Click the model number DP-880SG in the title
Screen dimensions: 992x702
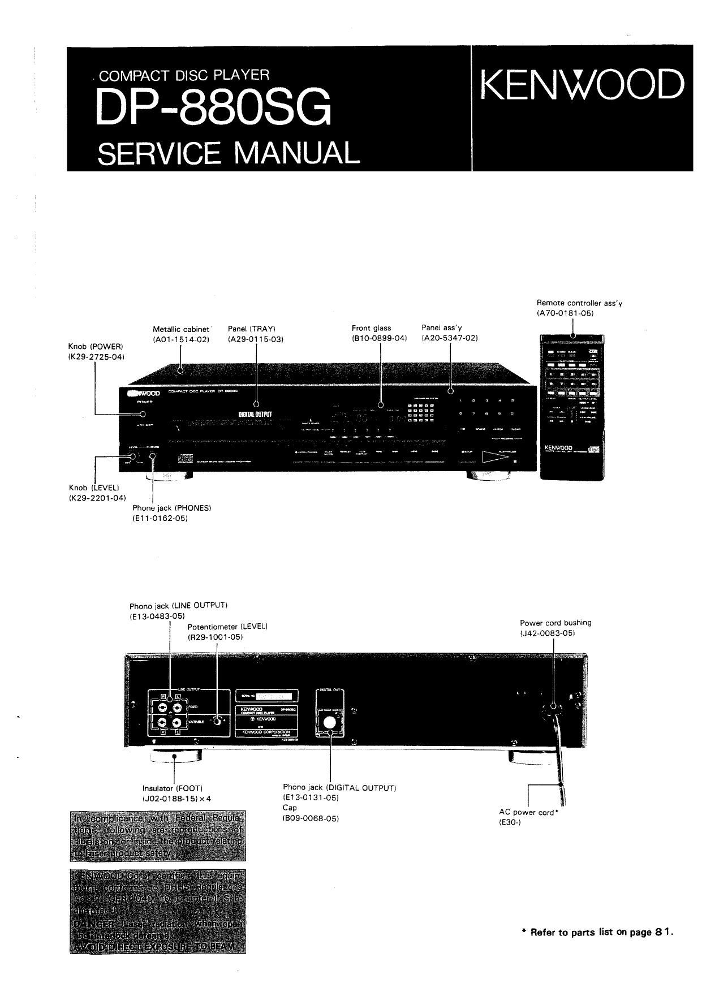coord(213,108)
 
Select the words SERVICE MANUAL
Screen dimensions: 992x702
coord(229,153)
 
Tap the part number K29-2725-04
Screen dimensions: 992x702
coord(96,357)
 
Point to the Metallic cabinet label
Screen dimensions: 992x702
coord(181,329)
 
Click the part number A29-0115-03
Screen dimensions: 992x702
coord(255,339)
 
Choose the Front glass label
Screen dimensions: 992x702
coord(371,328)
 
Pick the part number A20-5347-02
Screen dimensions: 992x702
coord(450,338)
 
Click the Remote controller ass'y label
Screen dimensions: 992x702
coord(579,303)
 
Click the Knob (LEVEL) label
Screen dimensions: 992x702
coord(94,488)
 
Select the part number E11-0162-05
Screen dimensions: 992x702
coord(160,518)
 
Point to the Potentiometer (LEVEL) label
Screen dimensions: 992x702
coord(227,627)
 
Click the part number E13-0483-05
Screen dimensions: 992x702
coord(157,616)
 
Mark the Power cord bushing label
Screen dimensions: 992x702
coord(555,623)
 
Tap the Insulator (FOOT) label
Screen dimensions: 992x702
coord(173,788)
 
